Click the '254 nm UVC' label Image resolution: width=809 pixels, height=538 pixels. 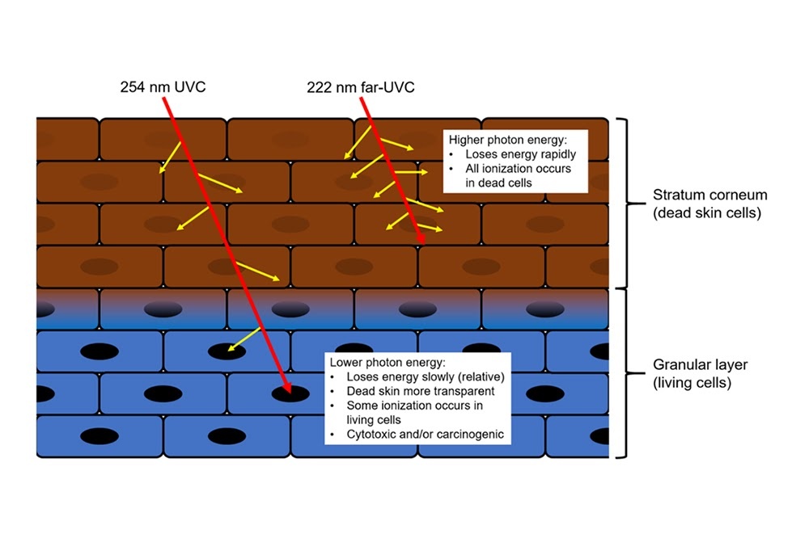(x=159, y=86)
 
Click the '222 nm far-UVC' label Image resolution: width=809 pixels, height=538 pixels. (x=361, y=86)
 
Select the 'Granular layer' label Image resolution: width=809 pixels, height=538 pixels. (x=701, y=365)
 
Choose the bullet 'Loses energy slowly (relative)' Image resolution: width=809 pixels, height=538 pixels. (x=425, y=377)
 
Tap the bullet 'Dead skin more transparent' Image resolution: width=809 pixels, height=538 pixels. (x=417, y=392)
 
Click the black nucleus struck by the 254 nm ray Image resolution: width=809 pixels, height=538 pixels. (x=289, y=393)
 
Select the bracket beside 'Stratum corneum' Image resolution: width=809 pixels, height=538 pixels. (x=624, y=204)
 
